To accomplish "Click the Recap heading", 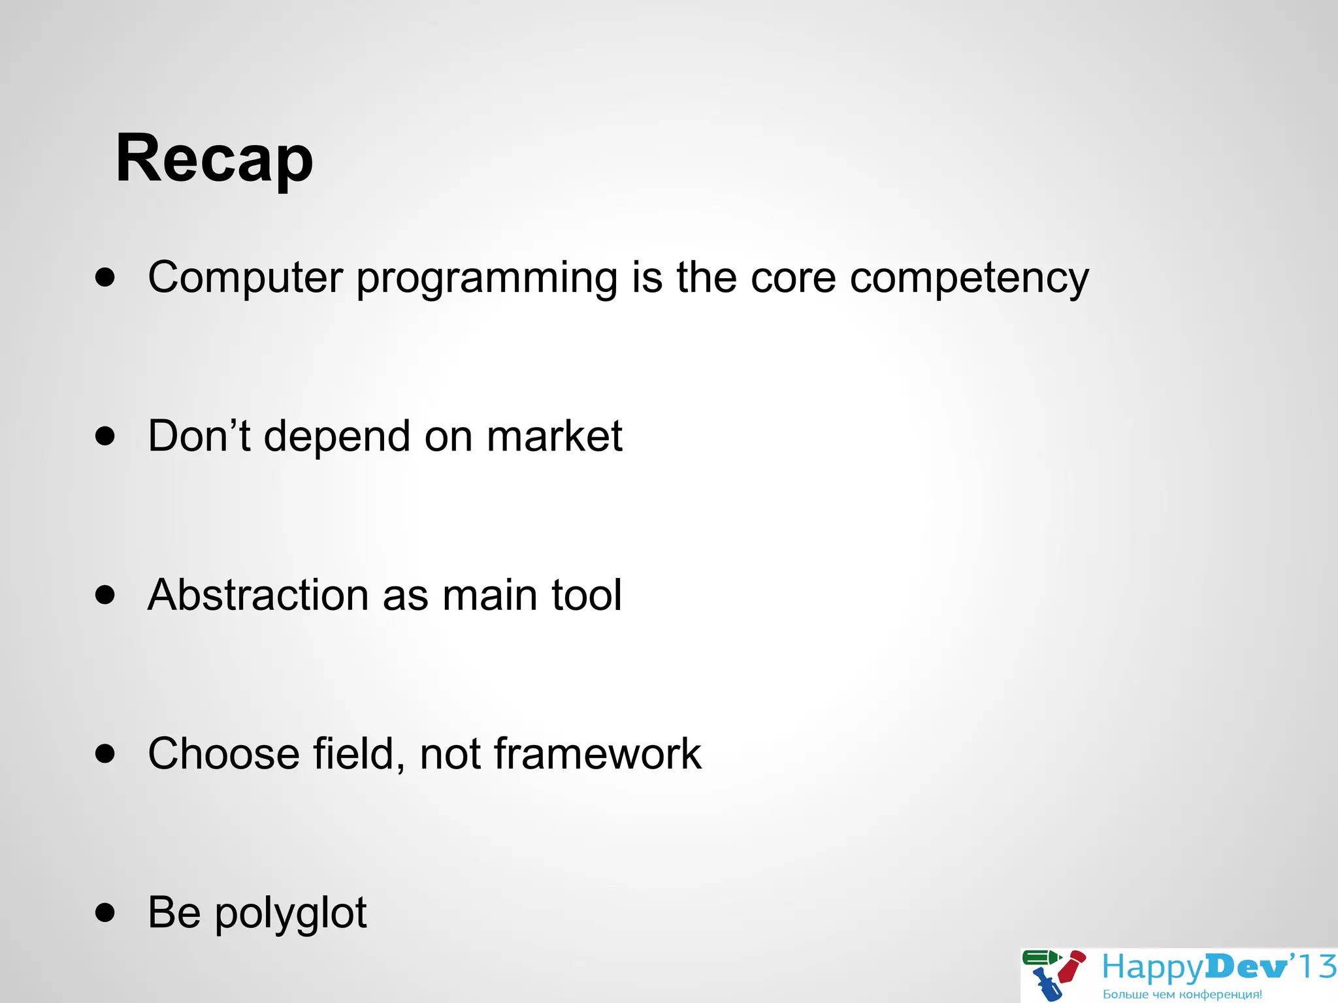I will (214, 159).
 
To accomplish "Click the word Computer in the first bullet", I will (245, 278).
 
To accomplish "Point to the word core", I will (793, 278).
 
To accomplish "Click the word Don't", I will (199, 436).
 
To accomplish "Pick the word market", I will (554, 436).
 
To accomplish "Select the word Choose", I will (223, 754).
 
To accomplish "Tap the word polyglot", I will (291, 914).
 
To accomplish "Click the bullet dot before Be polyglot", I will (105, 912).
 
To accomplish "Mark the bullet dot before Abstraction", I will (105, 595).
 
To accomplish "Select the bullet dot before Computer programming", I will (105, 277).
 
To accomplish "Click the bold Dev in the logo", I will (1245, 967).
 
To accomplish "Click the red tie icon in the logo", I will (1072, 966).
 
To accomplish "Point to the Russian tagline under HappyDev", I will (1182, 995).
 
